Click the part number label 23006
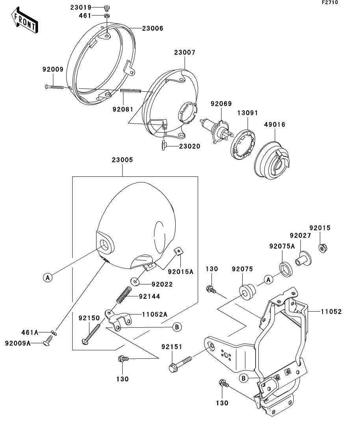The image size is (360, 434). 153,28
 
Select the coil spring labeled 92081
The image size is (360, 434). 131,90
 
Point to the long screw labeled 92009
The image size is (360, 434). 54,87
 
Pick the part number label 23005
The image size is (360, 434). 122,160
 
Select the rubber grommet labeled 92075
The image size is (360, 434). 247,292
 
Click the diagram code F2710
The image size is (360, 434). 330,2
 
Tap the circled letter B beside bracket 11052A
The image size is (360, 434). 177,327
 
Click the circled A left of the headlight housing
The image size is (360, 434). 48,277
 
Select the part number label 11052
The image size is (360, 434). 331,312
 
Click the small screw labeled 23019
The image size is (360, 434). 107,7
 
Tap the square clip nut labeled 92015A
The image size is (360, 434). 178,251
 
